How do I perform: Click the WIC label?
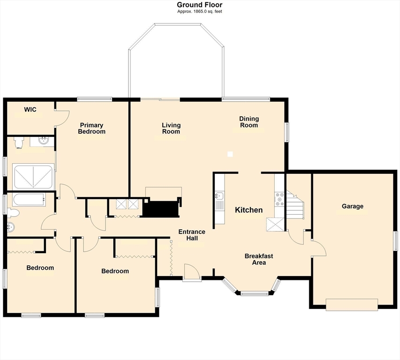[x=30, y=110]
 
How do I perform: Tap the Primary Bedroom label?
[x=91, y=128]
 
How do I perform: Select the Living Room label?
[x=171, y=128]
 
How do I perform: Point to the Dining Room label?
[x=249, y=122]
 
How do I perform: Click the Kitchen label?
[x=249, y=210]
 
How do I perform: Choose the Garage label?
[x=353, y=206]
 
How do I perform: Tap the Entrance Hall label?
[x=192, y=235]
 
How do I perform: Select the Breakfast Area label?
[x=259, y=259]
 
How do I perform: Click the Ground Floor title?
[x=200, y=5]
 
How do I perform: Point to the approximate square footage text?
[x=200, y=11]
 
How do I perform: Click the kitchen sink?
[x=219, y=196]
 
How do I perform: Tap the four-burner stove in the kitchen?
[x=279, y=199]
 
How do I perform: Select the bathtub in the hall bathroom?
[x=29, y=200]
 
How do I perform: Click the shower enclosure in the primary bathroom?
[x=33, y=177]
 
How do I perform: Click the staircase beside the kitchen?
[x=294, y=205]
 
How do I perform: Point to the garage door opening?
[x=352, y=305]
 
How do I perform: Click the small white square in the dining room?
[x=230, y=154]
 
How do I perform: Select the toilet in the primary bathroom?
[x=19, y=142]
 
